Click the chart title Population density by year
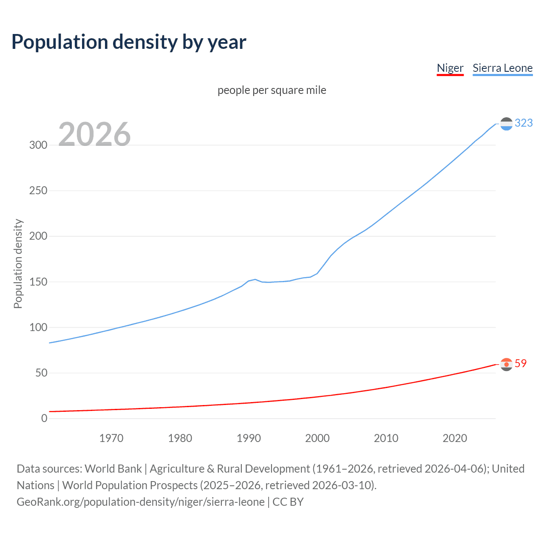click(x=129, y=42)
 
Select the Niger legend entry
click(x=450, y=68)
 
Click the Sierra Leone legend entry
click(x=502, y=68)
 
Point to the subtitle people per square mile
click(x=272, y=90)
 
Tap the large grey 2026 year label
click(x=94, y=134)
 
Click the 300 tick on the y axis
click(x=38, y=145)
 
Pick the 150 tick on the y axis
click(x=38, y=282)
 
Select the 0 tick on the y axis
click(x=44, y=418)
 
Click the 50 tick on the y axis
click(x=41, y=373)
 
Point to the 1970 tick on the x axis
click(x=111, y=438)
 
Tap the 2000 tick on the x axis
click(x=317, y=438)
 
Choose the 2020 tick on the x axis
click(x=455, y=438)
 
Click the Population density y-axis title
click(x=18, y=263)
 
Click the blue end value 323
click(x=524, y=123)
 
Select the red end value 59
click(x=521, y=363)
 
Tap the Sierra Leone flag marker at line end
click(x=506, y=124)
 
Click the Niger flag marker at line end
click(x=506, y=364)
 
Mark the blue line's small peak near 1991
click(x=255, y=279)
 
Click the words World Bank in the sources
click(x=113, y=469)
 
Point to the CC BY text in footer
click(x=288, y=502)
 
